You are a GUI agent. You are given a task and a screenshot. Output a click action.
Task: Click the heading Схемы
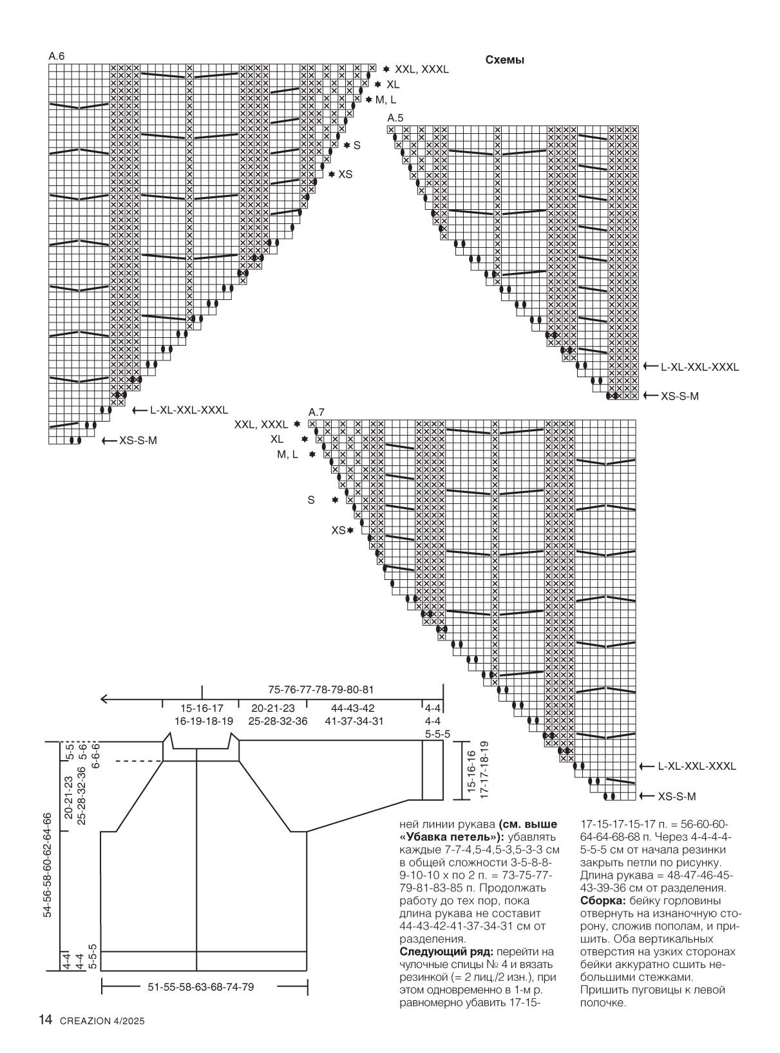tap(504, 60)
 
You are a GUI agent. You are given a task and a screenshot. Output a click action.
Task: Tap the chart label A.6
tap(57, 57)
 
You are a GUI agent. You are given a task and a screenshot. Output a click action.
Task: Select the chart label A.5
tap(395, 118)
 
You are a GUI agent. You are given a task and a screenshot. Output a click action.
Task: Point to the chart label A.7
tap(316, 412)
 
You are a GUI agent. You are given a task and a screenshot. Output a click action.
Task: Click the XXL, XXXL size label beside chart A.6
tap(421, 69)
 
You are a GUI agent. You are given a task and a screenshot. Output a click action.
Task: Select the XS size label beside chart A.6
tap(345, 174)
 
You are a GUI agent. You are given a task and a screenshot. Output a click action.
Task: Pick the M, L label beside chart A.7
tap(287, 454)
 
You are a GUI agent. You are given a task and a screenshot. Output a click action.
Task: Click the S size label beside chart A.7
tap(311, 500)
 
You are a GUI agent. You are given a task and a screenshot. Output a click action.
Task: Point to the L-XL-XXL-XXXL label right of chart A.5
tap(699, 367)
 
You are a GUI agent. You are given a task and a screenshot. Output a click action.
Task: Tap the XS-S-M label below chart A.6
tap(138, 441)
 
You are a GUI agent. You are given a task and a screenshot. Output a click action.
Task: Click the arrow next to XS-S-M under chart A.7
tap(647, 796)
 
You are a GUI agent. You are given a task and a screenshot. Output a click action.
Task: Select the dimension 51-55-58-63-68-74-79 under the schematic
tap(201, 987)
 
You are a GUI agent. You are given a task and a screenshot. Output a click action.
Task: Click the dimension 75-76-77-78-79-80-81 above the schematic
tap(321, 689)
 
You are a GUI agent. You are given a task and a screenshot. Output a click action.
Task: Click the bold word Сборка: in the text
tap(600, 900)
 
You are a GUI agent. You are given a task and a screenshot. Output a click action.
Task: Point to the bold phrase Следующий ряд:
tap(440, 951)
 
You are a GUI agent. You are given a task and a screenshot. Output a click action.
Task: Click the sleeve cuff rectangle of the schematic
tap(432, 770)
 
